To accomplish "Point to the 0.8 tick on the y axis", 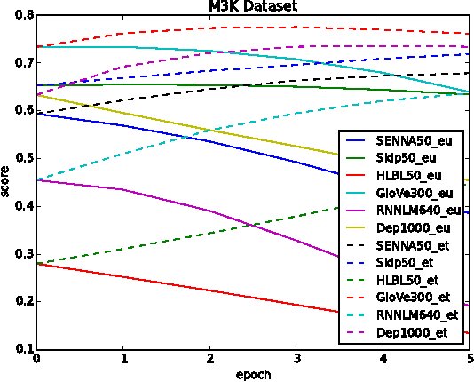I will (23, 15).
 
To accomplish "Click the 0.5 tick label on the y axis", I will (23, 158).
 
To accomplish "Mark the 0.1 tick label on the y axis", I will (23, 349).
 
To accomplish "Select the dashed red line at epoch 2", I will (209, 28).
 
